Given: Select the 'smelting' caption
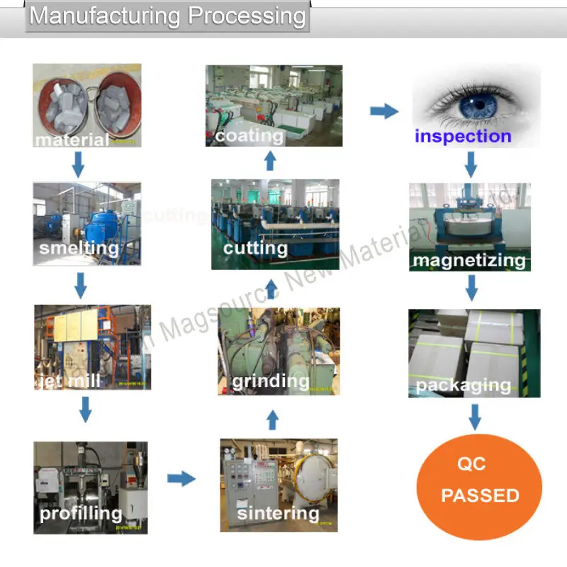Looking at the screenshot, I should click(79, 248).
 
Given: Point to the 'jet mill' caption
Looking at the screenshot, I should click(69, 381).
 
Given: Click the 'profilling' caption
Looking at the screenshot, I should click(81, 512).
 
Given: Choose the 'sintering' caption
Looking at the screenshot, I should click(278, 512).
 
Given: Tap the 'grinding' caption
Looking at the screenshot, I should click(271, 382).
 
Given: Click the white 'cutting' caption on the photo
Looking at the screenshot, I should click(255, 248).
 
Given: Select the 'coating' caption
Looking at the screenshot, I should click(249, 135).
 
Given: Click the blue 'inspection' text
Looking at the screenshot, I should click(463, 136).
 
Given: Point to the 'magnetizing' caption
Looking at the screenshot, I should click(469, 260).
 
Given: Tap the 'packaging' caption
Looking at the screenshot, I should click(464, 386).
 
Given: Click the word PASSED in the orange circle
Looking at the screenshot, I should click(480, 495).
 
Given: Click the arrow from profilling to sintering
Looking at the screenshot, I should click(181, 479).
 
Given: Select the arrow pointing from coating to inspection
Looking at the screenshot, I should click(383, 111).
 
